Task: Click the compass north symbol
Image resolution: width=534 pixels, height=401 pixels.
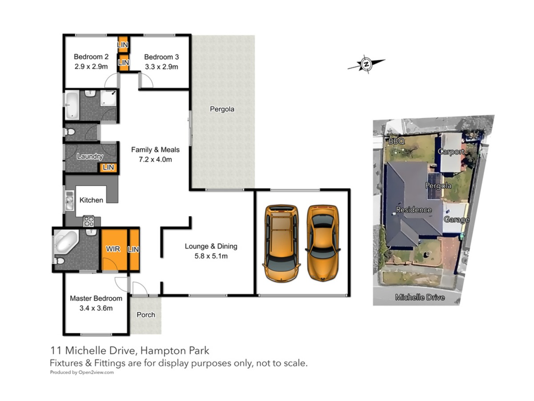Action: click(x=366, y=64)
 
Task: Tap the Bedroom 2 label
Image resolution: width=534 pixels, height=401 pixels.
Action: click(x=91, y=57)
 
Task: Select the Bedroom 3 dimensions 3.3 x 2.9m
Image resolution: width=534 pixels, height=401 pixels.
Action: click(x=162, y=67)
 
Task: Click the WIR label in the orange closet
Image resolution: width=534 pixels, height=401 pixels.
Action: click(x=113, y=249)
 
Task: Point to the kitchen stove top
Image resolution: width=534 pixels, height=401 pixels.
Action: click(x=88, y=221)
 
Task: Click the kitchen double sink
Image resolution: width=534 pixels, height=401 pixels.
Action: click(x=69, y=200)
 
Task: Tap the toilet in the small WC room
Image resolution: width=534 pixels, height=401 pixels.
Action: click(x=69, y=132)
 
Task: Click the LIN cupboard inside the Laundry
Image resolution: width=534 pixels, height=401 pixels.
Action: click(x=108, y=168)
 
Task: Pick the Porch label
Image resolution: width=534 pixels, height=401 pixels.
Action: click(x=146, y=315)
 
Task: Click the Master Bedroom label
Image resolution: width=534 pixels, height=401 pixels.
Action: click(x=96, y=298)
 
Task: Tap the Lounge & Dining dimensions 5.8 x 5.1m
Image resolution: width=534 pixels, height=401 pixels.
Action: click(x=211, y=256)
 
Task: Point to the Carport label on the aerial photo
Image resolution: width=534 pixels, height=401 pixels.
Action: click(x=451, y=151)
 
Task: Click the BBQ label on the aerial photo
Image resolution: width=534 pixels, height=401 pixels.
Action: click(x=396, y=141)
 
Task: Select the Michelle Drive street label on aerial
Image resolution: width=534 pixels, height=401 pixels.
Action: click(x=420, y=297)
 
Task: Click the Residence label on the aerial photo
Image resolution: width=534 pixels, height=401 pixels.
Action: click(x=414, y=209)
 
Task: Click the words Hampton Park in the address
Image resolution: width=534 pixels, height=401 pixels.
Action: click(x=175, y=351)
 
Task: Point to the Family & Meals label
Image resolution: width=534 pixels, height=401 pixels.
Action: click(x=155, y=150)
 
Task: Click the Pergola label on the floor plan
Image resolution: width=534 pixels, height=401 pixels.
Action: click(x=222, y=109)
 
